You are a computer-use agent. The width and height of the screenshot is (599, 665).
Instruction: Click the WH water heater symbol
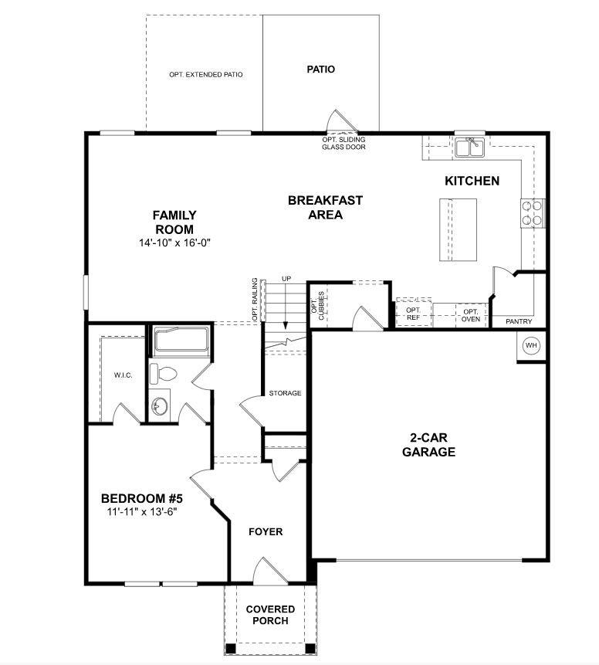pos(531,346)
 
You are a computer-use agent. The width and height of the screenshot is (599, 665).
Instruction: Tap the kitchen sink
pos(469,147)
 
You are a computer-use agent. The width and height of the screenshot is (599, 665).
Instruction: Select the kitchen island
pos(458,230)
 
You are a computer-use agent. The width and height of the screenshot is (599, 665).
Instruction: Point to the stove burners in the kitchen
pos(533,212)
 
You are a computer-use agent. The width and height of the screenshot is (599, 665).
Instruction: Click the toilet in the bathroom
pos(163,373)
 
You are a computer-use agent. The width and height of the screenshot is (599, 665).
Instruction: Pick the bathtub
pos(181,341)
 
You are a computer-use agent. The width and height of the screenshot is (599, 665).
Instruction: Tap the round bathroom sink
pos(160,405)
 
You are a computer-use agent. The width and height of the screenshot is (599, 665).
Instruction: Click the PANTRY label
pos(519,321)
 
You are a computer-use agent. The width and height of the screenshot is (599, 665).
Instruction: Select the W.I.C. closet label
pos(124,375)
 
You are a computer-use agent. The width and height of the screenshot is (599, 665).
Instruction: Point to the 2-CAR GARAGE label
pos(428,446)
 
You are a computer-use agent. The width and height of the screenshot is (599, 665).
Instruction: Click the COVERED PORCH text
pos(270,615)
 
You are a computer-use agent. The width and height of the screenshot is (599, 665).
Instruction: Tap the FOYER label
pos(266,532)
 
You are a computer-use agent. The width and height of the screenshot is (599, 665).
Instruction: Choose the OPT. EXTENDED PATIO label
pos(206,75)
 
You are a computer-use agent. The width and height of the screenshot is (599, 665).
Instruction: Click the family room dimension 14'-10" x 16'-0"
pos(174,243)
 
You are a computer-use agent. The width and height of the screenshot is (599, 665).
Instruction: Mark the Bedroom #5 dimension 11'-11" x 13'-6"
pos(143,511)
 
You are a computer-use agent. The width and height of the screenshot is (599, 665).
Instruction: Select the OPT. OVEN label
pos(471,314)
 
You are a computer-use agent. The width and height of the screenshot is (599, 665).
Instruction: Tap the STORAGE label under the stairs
pos(285,393)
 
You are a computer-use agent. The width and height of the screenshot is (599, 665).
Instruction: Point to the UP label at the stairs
pos(286,278)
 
